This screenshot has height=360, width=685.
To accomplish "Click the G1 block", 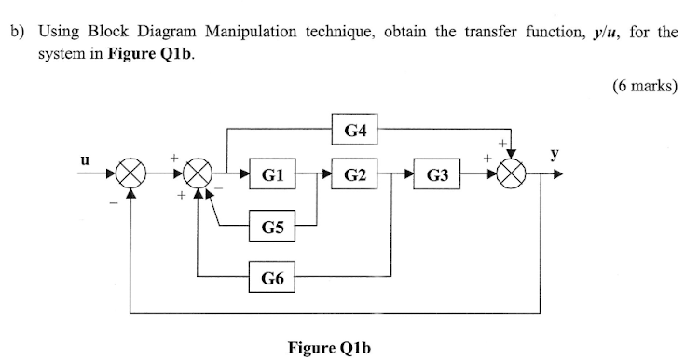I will coord(274,174).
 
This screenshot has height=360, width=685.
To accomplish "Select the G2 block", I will coord(354,174).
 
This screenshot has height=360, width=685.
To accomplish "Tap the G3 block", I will coord(437,174).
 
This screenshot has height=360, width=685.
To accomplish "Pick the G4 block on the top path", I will coord(354,131).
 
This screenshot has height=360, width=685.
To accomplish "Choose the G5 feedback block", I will coord(274,226).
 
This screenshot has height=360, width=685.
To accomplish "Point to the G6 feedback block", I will coord(274,276).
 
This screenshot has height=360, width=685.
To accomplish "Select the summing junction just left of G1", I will coord(198,174).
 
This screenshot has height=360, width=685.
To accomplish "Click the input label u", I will coord(85,159).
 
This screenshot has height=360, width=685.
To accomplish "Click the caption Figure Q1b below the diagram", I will coord(329,348).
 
